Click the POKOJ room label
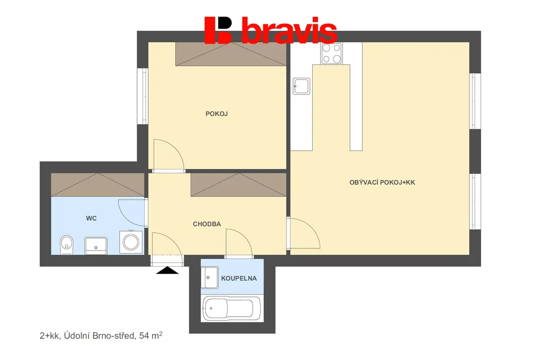click(x=216, y=114)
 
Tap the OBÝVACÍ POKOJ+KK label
click(x=382, y=182)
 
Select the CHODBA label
click(x=207, y=224)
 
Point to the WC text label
click(x=91, y=218)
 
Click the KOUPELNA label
click(x=239, y=278)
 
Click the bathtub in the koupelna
click(x=232, y=309)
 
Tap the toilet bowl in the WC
click(x=67, y=245)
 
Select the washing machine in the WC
click(x=131, y=242)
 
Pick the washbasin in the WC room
click(x=96, y=246)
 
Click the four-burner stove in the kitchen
click(x=331, y=53)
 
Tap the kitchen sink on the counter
click(x=301, y=86)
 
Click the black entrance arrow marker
click(x=167, y=271)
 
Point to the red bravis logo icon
click(x=218, y=30)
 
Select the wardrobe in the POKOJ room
click(x=231, y=54)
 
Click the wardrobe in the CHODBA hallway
click(x=239, y=185)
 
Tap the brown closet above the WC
click(x=98, y=185)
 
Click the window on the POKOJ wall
click(x=142, y=96)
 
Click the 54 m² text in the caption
click(x=151, y=336)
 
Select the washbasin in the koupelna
click(x=210, y=277)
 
